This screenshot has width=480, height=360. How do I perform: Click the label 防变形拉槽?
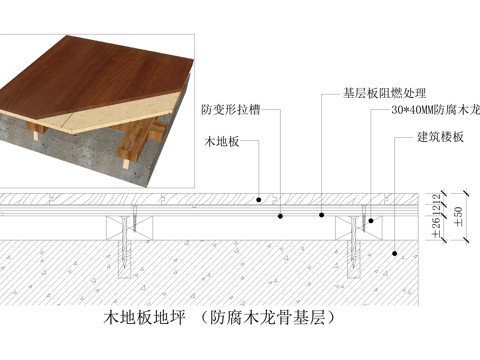[231, 109]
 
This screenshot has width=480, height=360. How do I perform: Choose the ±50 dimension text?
[458, 217]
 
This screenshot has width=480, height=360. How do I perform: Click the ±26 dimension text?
[436, 228]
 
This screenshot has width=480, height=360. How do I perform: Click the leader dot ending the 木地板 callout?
[258, 197]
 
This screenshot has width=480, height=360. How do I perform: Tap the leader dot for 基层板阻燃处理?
[322, 214]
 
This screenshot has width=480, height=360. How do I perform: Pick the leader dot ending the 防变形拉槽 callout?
[281, 214]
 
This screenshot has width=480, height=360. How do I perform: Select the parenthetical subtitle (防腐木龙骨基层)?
[270, 320]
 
